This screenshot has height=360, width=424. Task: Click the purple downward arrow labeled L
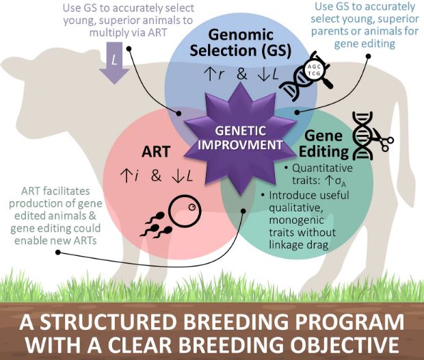tap(115, 63)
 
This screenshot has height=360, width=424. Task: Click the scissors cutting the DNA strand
tap(384, 141)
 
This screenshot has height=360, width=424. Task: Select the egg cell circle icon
tap(185, 211)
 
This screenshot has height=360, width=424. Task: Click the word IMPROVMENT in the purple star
tap(240, 145)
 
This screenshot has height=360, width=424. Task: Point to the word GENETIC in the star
tap(240, 131)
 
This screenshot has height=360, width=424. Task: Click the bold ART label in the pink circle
tap(156, 151)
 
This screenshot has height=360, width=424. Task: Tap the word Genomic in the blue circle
tap(241, 35)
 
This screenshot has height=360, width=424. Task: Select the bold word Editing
tap(323, 151)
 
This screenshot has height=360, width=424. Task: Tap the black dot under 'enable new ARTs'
tap(58, 253)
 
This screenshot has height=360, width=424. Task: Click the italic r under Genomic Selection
tap(221, 75)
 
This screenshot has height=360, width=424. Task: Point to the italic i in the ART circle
tap(137, 176)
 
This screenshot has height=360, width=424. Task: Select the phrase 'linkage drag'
tap(299, 245)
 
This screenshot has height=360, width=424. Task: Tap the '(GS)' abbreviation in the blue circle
tap(276, 51)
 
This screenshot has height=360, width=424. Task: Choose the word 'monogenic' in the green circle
tap(296, 220)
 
